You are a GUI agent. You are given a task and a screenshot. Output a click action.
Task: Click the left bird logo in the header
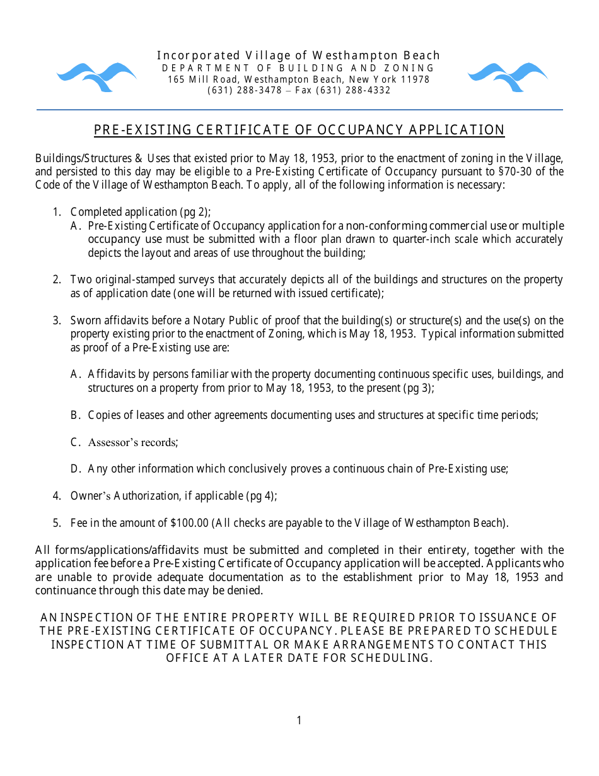pyautogui.click(x=96, y=76)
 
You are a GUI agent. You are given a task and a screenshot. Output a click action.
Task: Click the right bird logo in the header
pyautogui.click(x=508, y=76)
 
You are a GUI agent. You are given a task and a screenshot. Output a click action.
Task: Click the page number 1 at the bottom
pyautogui.click(x=299, y=720)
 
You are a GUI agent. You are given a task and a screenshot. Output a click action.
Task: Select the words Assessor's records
pyautogui.click(x=133, y=442)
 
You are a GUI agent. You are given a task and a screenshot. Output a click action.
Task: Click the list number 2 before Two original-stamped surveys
pyautogui.click(x=56, y=279)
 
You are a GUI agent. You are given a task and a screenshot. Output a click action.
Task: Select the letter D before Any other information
pyautogui.click(x=74, y=469)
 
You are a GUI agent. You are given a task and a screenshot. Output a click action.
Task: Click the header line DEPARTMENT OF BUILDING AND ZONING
pyautogui.click(x=299, y=68)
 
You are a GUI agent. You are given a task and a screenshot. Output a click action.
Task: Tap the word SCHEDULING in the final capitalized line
pyautogui.click(x=390, y=658)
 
